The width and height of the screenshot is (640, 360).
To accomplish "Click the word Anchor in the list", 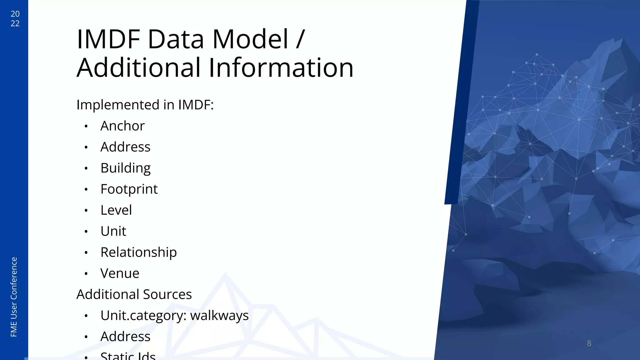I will tap(122, 126).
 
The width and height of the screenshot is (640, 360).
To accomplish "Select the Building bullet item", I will tap(125, 168).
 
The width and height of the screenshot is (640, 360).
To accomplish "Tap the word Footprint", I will tap(129, 189).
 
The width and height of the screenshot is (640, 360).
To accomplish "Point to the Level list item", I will tap(116, 210).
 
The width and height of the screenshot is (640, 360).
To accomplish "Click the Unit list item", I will tap(113, 231).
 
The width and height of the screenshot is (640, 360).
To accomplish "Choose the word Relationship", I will tap(138, 252).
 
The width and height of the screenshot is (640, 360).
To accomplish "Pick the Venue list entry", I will tap(120, 273).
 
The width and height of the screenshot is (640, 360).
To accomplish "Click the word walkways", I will tap(219, 315).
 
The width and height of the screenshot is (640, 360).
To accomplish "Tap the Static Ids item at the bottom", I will tap(128, 356).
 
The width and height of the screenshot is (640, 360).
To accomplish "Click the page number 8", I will tap(589, 343).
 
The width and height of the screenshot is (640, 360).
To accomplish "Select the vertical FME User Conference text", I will tap(14, 297).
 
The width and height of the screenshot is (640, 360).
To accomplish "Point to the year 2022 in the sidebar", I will tap(15, 18).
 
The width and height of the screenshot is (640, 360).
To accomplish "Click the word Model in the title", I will tap(250, 39).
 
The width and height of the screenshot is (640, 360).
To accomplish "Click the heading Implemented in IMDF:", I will tap(145, 105).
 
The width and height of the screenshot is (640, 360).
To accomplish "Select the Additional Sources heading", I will tap(134, 294).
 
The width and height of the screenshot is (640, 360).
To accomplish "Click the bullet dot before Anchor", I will tap(86, 126).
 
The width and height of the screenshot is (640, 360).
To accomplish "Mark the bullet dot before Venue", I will tap(86, 274).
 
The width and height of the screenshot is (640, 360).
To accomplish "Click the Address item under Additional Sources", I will tap(125, 337).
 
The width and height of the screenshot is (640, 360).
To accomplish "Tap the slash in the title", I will tap(300, 39).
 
